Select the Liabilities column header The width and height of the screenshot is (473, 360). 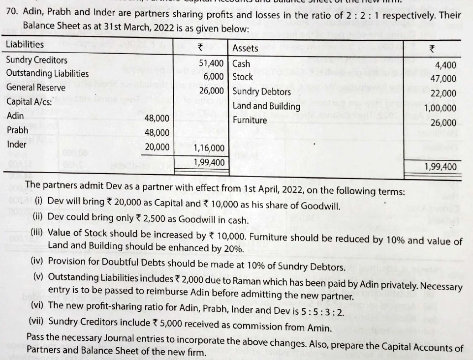tap(25, 44)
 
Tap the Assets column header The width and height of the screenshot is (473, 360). tap(245, 48)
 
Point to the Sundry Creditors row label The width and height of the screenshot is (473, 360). tap(37, 60)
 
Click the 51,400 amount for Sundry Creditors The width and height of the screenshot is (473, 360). tap(212, 63)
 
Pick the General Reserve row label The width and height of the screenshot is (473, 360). tap(36, 88)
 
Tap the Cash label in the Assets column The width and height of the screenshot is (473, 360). tap(241, 63)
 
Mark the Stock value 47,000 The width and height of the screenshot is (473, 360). tap(443, 79)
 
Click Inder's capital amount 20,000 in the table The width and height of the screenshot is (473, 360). tap(158, 147)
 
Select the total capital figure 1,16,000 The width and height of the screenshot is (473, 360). tap(209, 148)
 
